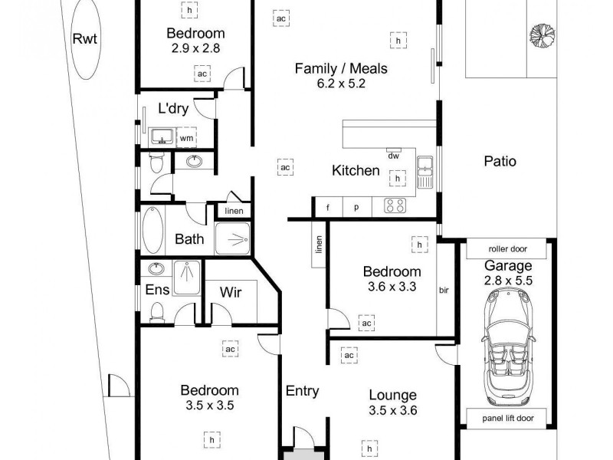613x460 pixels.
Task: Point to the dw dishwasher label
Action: click(394, 156)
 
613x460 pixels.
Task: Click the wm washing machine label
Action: click(185, 138)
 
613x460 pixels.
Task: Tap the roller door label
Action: click(508, 249)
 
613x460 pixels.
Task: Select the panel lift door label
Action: click(508, 418)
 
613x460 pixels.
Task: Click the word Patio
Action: click(500, 162)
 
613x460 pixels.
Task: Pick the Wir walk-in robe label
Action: click(231, 292)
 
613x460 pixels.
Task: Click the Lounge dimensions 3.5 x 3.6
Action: click(392, 409)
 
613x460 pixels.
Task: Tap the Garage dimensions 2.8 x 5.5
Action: click(508, 281)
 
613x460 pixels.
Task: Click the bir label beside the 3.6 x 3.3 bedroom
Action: click(444, 291)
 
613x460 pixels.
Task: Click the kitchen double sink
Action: click(425, 172)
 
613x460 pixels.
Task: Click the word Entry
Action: click(302, 391)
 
